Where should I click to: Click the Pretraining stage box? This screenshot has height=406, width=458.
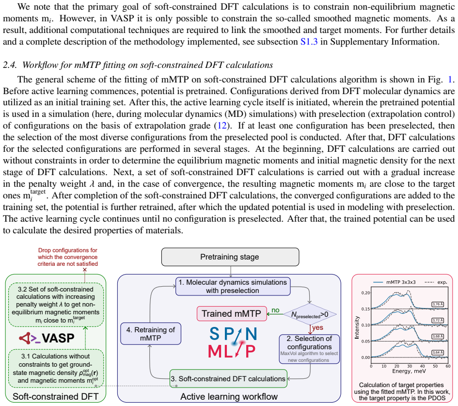(230, 257)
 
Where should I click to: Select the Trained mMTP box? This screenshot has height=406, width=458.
(232, 314)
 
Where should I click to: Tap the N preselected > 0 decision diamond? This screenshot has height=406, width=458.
(310, 314)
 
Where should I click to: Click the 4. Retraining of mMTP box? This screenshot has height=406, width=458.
(151, 334)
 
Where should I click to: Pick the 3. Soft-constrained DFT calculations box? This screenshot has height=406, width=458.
(228, 378)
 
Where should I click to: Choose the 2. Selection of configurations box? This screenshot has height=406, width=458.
(309, 349)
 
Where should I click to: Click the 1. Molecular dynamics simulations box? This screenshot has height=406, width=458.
(233, 287)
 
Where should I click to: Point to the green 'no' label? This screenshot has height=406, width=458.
(275, 310)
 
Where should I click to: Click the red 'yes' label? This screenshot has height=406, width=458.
(317, 328)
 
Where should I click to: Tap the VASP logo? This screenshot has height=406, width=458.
(47, 338)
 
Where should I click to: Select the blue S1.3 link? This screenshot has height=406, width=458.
(309, 42)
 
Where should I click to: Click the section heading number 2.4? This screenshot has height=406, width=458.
(10, 65)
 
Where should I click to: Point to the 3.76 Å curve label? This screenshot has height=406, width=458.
(438, 304)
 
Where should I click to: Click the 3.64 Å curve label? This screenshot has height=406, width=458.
(438, 353)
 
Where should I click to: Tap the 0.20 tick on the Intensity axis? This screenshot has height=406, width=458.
(366, 293)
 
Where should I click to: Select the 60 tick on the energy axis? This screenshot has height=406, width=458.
(448, 366)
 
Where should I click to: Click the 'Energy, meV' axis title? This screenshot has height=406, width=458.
(409, 371)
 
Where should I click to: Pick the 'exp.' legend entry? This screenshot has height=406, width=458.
(436, 282)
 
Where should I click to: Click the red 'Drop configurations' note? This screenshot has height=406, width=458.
(67, 257)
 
